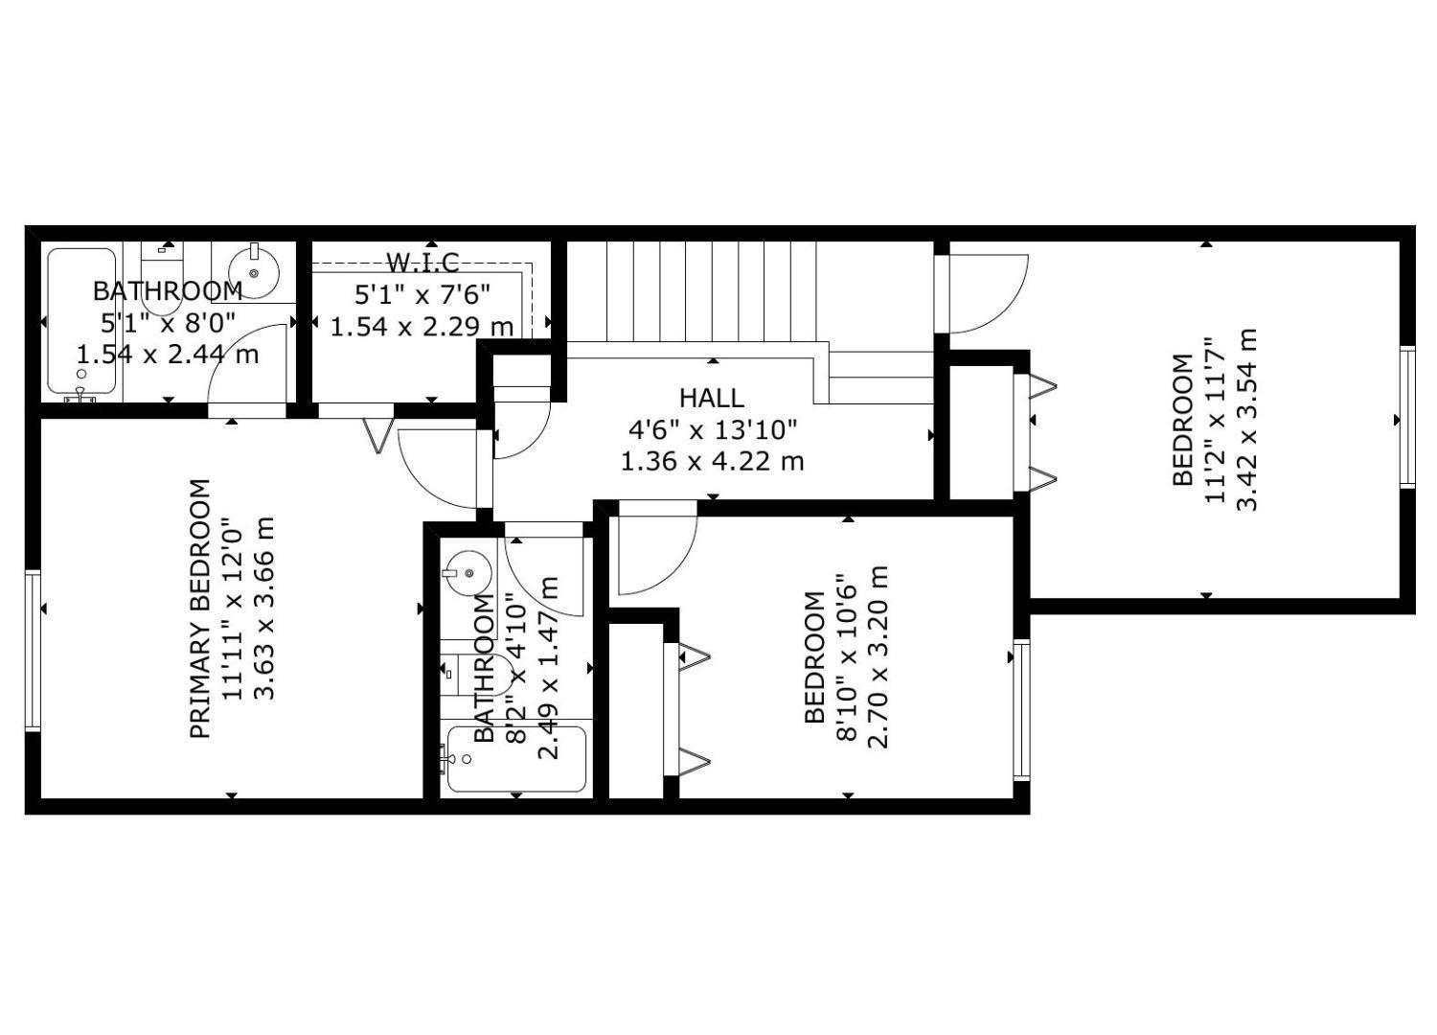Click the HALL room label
711,397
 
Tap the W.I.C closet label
422,262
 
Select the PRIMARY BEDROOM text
199,609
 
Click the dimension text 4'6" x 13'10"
712,429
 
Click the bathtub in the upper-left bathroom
81,321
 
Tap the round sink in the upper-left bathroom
255,272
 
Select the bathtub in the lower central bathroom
516,759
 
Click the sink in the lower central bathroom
468,573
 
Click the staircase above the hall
690,291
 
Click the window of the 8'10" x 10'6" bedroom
1021,709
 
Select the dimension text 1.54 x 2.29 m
422,326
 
